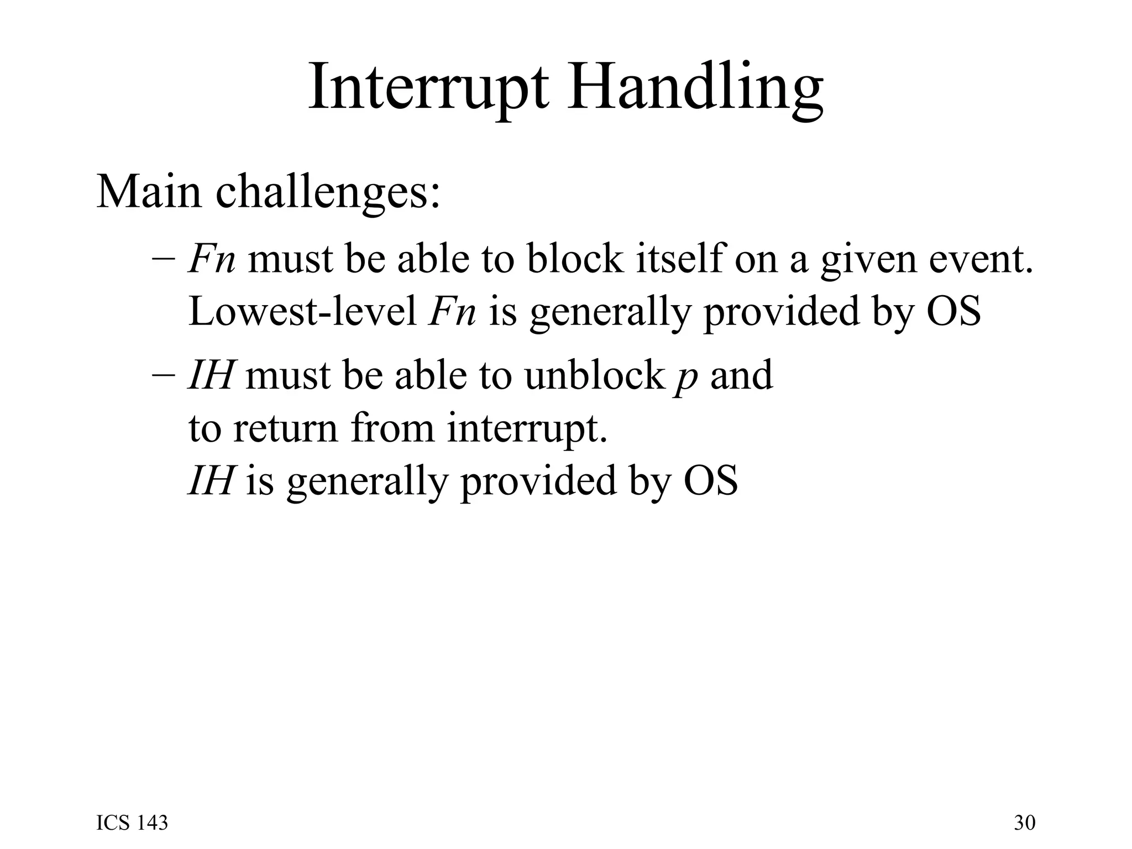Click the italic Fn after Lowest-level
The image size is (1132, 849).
click(x=452, y=311)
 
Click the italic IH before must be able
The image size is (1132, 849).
click(x=209, y=375)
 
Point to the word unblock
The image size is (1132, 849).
click(x=594, y=375)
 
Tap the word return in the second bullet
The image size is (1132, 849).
click(x=285, y=428)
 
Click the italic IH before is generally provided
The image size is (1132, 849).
click(x=209, y=480)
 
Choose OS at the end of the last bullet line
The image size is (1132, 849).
click(x=710, y=480)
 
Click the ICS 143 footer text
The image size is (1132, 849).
click(x=132, y=823)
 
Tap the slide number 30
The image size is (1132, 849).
click(x=1024, y=823)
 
